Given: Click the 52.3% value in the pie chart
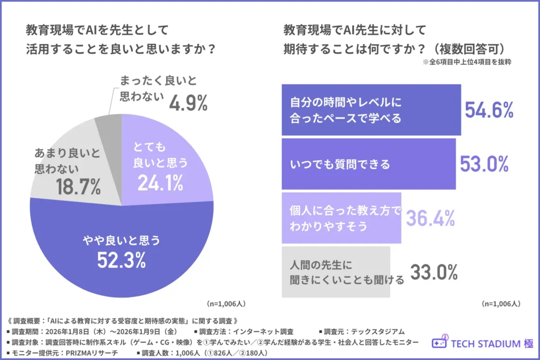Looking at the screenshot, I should (122, 260).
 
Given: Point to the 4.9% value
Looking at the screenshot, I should (188, 104).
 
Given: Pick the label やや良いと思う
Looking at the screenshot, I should (122, 241).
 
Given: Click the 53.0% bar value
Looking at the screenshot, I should (484, 164).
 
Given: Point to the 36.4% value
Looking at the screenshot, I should (429, 218).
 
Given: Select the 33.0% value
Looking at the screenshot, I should (433, 272).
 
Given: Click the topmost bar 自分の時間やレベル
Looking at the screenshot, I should (371, 110).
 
